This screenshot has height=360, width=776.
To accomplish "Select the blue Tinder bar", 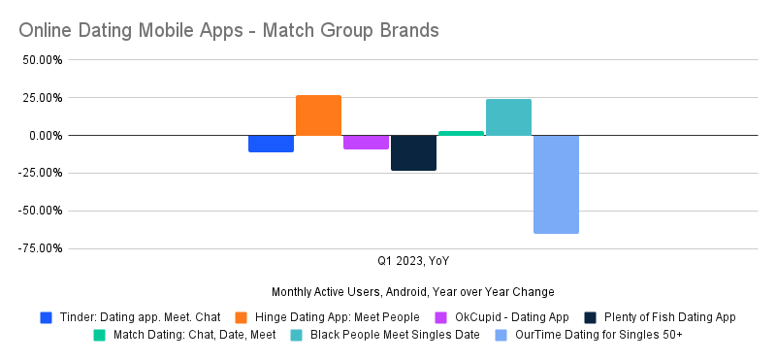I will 271,144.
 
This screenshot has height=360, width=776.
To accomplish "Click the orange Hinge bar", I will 318,115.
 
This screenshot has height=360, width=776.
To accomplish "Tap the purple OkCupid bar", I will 366,143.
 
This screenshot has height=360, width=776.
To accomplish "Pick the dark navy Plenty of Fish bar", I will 413,153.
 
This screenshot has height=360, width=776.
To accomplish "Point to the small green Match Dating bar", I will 461,133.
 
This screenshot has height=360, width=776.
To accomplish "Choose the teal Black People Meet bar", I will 508,117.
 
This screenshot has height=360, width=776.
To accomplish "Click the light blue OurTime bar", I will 556,184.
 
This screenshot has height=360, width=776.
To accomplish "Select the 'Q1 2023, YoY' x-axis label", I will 413,261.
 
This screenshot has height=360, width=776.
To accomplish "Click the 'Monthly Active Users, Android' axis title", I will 413,291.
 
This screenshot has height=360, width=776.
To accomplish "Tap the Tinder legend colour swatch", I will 46,317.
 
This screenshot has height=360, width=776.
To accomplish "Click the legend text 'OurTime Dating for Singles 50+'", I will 599,336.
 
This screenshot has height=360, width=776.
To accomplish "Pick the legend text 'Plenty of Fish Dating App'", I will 669,317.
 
